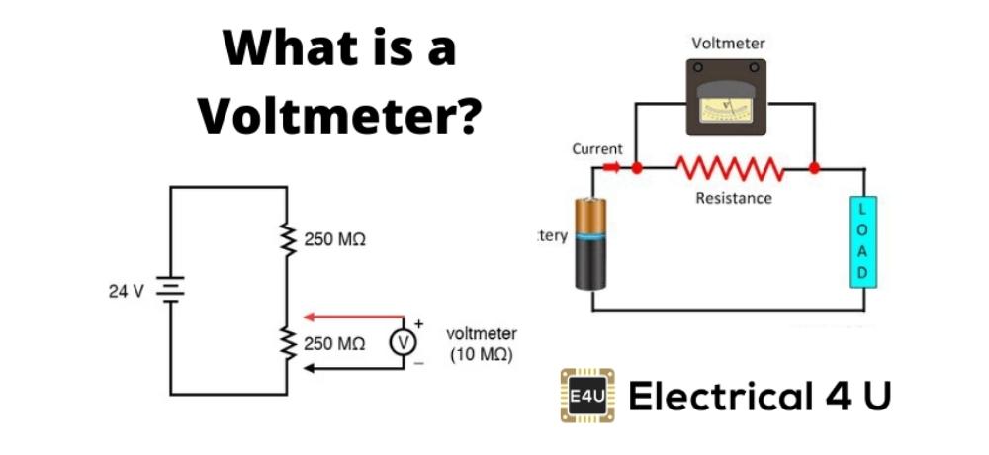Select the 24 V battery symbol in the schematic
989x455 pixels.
(169, 291)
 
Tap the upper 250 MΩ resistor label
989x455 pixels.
(334, 241)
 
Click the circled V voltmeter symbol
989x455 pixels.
(403, 343)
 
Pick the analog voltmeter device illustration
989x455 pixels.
(727, 96)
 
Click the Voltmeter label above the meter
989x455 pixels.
(728, 44)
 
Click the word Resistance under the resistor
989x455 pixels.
(734, 198)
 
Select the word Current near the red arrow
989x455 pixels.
(597, 149)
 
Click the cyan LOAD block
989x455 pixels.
(861, 241)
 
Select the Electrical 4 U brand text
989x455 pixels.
(760, 398)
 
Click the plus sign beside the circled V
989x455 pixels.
(418, 324)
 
